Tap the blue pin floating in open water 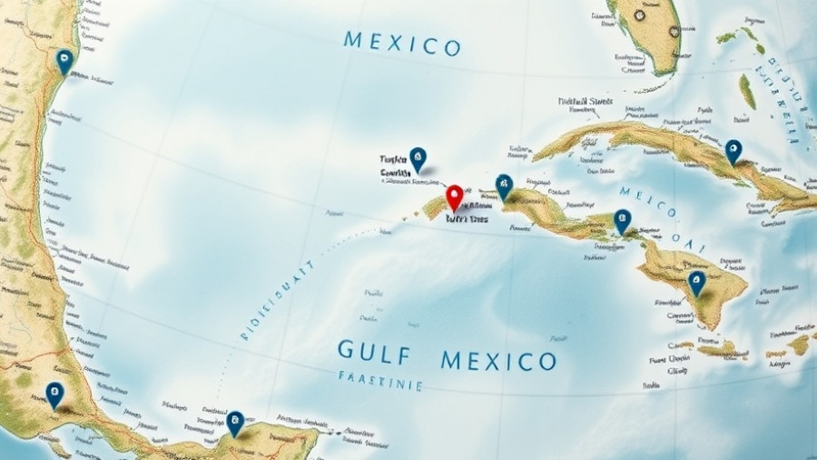point(418,159)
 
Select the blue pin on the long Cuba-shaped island point(733,151)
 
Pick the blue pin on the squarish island point(696,283)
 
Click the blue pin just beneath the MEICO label point(622,221)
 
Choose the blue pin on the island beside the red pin point(504,186)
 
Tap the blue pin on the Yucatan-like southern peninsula point(235,422)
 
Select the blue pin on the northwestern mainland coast point(64,61)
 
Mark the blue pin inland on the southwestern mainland point(54,394)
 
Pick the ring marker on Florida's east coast point(673,30)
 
